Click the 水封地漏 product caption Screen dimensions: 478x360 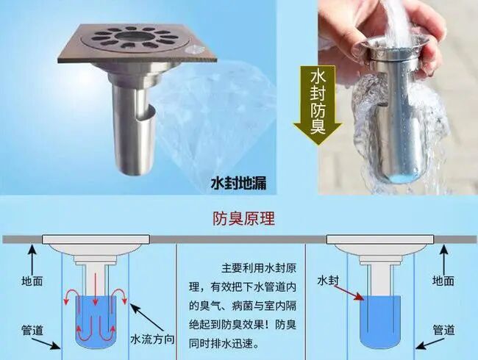tap(239, 183)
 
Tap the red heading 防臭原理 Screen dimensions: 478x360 tap(243, 218)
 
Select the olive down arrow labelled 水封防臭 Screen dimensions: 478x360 tap(318, 104)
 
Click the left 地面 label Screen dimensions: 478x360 tap(32, 281)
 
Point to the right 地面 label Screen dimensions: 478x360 tap(443, 281)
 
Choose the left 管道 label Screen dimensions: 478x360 tap(32, 331)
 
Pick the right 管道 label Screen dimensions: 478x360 tap(444, 330)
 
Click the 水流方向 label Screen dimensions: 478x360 tap(152, 339)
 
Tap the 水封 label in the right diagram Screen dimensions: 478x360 tap(328, 280)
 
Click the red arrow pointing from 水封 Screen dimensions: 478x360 tap(349, 292)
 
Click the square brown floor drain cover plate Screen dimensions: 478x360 tap(138, 44)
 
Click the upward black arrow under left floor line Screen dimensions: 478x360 tap(33, 259)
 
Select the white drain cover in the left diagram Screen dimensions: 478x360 tap(96, 240)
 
